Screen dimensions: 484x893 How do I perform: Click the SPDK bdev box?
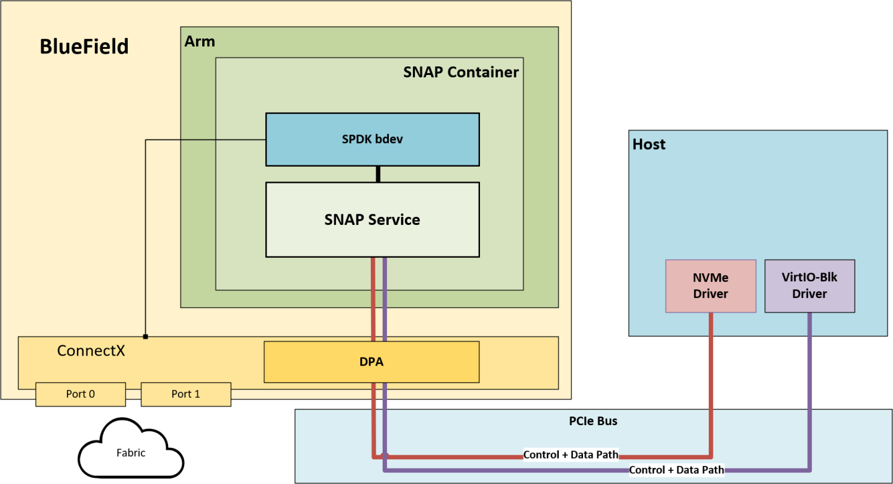click(372, 139)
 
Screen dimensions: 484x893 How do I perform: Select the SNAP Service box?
click(372, 219)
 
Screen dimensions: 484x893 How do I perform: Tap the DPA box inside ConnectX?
click(371, 362)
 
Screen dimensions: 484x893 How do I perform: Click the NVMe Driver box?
click(711, 286)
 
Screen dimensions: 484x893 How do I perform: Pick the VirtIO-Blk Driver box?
click(809, 286)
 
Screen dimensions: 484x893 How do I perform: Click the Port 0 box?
click(81, 394)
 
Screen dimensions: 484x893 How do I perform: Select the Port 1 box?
click(185, 394)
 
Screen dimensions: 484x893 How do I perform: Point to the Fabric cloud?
click(131, 453)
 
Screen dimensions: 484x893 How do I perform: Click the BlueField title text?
click(84, 46)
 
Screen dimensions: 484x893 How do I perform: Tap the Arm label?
click(200, 42)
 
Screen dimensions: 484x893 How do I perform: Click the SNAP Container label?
click(461, 72)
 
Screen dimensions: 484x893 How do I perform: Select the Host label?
click(649, 144)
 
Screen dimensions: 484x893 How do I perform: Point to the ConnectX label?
click(91, 351)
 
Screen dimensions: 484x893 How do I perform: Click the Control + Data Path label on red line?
click(571, 455)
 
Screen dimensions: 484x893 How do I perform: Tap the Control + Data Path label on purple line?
click(677, 470)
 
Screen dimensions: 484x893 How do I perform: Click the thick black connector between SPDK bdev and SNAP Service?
click(378, 174)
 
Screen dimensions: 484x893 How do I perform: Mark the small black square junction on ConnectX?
click(145, 337)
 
